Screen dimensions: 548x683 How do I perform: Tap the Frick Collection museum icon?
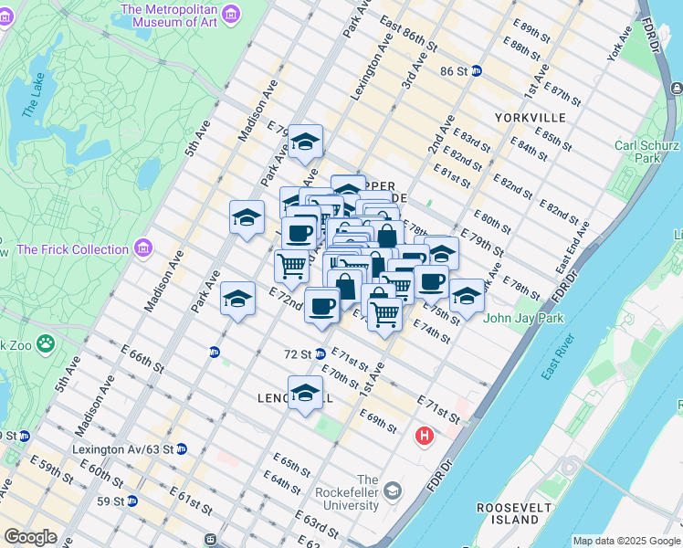click(143, 248)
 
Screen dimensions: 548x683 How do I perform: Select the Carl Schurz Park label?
click(648, 151)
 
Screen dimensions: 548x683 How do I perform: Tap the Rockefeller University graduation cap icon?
click(393, 491)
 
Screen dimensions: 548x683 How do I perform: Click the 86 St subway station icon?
click(477, 70)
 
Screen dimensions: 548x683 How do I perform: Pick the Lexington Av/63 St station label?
click(127, 448)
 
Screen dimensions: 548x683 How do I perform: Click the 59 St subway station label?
click(113, 501)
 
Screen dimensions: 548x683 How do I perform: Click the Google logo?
click(30, 536)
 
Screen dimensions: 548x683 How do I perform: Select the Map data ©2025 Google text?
click(626, 541)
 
